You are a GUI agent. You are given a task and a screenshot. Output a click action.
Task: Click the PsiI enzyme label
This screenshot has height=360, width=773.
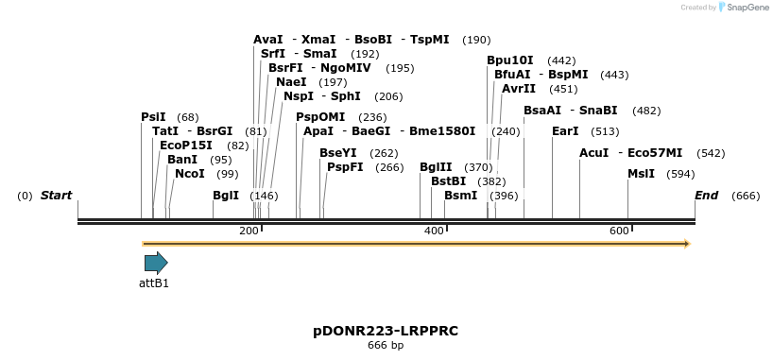(153, 117)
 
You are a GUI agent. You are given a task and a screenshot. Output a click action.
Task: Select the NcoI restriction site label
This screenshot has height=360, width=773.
(190, 174)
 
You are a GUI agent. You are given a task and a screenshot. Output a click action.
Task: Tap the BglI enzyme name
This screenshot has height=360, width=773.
(226, 196)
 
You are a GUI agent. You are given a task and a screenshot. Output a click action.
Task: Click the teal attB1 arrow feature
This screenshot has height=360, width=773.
(156, 263)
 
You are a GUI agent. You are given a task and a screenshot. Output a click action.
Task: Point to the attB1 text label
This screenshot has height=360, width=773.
(154, 283)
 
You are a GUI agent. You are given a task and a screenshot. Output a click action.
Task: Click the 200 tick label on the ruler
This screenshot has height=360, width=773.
(249, 231)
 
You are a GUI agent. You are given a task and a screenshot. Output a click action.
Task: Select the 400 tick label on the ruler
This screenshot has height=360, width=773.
(434, 231)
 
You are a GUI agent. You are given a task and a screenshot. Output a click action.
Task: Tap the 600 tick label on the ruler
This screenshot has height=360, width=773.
(619, 231)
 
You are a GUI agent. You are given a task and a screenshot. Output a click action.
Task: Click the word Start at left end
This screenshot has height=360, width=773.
(56, 196)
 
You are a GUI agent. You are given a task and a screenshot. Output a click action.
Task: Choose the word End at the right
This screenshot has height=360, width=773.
(706, 196)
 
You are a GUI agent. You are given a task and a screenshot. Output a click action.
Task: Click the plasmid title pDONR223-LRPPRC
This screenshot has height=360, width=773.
(386, 331)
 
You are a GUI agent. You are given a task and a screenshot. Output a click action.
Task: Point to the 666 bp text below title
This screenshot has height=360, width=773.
(386, 346)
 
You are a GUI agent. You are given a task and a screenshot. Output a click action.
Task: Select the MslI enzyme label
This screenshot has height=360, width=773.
(641, 174)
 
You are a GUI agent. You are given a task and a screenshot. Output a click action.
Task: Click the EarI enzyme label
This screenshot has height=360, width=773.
(565, 131)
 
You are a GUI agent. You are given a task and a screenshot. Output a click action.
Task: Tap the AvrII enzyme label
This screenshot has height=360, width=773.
(519, 89)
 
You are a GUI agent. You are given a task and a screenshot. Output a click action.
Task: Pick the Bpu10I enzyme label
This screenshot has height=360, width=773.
(510, 60)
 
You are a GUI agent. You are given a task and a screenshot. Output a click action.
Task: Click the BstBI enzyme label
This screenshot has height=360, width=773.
(449, 181)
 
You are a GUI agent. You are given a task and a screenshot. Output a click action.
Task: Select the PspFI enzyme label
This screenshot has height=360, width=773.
(345, 167)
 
